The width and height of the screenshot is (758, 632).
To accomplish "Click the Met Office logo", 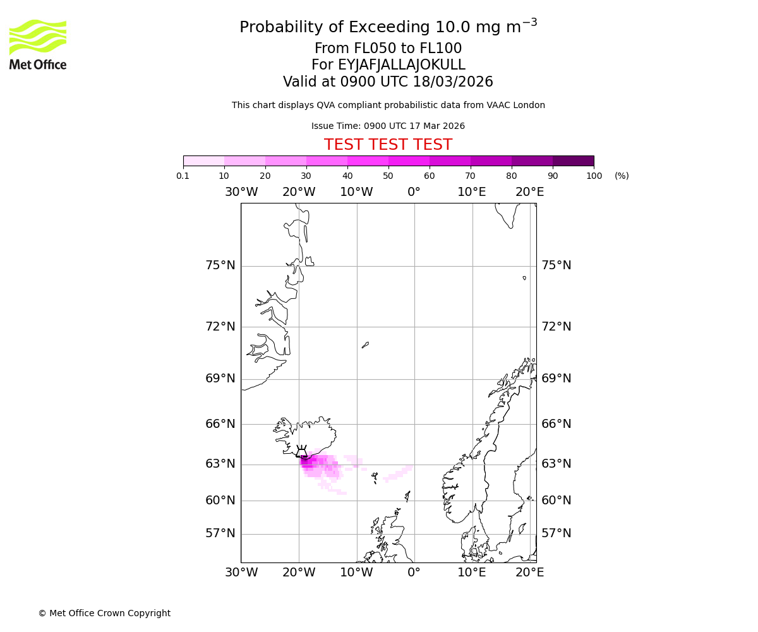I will click(38, 44).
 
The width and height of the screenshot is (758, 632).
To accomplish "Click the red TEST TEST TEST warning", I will click(388, 145).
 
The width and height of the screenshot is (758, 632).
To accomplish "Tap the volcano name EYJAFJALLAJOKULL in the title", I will click(402, 65).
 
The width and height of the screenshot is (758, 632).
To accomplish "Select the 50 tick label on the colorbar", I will click(388, 176).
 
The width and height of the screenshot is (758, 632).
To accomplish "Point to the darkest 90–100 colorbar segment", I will click(573, 161).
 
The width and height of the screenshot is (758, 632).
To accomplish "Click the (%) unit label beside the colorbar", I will click(622, 176).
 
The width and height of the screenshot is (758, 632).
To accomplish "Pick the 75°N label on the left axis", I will click(220, 265).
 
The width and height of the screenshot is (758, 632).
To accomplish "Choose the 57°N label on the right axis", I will click(556, 533).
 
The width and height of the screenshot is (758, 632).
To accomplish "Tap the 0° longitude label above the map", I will click(414, 192).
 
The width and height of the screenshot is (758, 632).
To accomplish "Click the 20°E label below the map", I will click(529, 573).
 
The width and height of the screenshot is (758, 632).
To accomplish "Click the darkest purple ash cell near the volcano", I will click(305, 461).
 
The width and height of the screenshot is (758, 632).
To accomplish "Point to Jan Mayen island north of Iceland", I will click(365, 345).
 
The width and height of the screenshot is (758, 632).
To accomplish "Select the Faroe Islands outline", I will click(375, 477).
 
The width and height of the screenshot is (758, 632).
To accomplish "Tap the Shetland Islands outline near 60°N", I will click(407, 496).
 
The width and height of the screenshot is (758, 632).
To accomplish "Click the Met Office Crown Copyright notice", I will click(104, 613).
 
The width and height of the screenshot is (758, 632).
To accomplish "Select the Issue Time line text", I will click(388, 126).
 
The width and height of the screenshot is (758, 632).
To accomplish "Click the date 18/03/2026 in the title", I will click(453, 82).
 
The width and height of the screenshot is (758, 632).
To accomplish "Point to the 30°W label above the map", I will click(241, 192).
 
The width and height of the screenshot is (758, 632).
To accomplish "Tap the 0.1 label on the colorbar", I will click(183, 176).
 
